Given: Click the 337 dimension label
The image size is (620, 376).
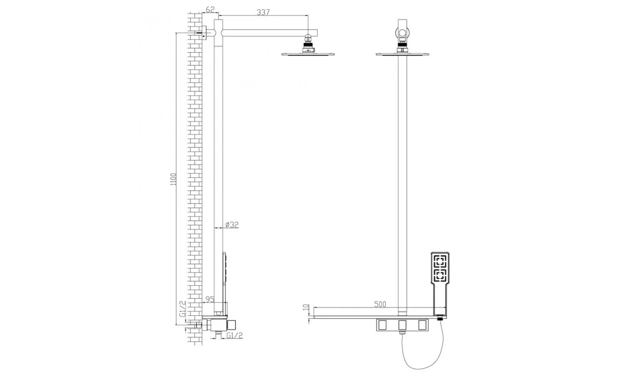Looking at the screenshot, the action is [263, 12].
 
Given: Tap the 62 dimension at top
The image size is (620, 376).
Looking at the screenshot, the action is [210, 9].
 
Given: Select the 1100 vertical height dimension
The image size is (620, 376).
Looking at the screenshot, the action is [173, 179].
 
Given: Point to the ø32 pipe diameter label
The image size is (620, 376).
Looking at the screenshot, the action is [232, 225].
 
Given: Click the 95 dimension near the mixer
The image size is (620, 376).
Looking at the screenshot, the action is [210, 299].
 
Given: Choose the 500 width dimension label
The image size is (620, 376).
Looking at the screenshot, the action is [380, 304].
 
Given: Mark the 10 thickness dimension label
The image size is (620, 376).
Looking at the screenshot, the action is [306, 307].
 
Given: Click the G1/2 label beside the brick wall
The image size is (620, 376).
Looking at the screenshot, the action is [182, 309].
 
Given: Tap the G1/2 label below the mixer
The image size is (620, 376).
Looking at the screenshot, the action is [234, 335].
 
